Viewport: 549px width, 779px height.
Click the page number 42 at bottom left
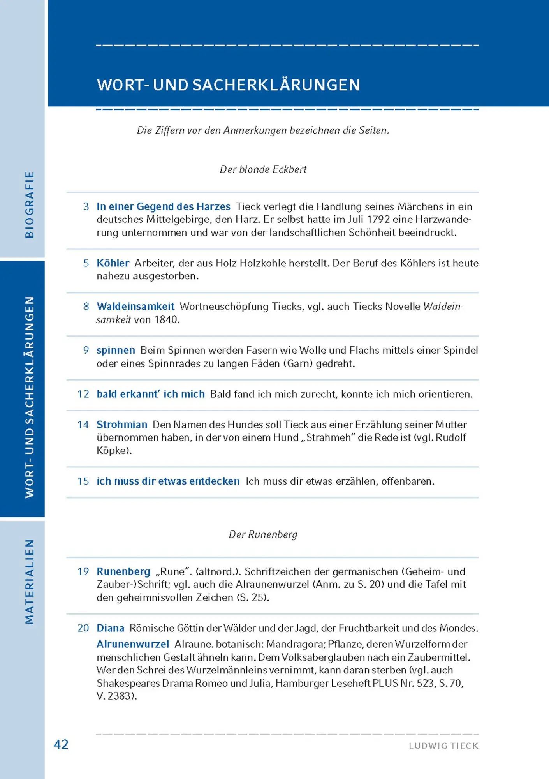tap(61, 744)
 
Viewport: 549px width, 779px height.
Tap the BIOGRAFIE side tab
tap(30, 204)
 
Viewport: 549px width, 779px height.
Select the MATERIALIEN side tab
tap(30, 581)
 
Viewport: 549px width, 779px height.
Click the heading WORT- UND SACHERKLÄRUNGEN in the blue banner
tap(229, 85)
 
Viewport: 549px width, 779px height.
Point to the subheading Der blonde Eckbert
tap(263, 169)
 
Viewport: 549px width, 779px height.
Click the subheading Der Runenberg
tap(263, 534)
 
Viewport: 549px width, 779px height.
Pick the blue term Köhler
tap(113, 263)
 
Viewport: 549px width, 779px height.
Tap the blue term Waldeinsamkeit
tap(135, 307)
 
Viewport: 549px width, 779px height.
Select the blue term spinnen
tap(116, 350)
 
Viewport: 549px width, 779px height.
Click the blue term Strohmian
tap(122, 425)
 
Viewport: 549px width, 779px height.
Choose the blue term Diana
tap(110, 628)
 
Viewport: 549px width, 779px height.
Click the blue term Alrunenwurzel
tap(133, 644)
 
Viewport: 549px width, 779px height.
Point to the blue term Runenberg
tap(123, 571)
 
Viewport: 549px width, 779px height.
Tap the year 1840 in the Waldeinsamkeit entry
tap(166, 320)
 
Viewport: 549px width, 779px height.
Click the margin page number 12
tap(83, 394)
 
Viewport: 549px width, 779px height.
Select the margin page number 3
tap(86, 206)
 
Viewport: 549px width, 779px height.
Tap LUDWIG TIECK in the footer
tap(443, 746)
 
